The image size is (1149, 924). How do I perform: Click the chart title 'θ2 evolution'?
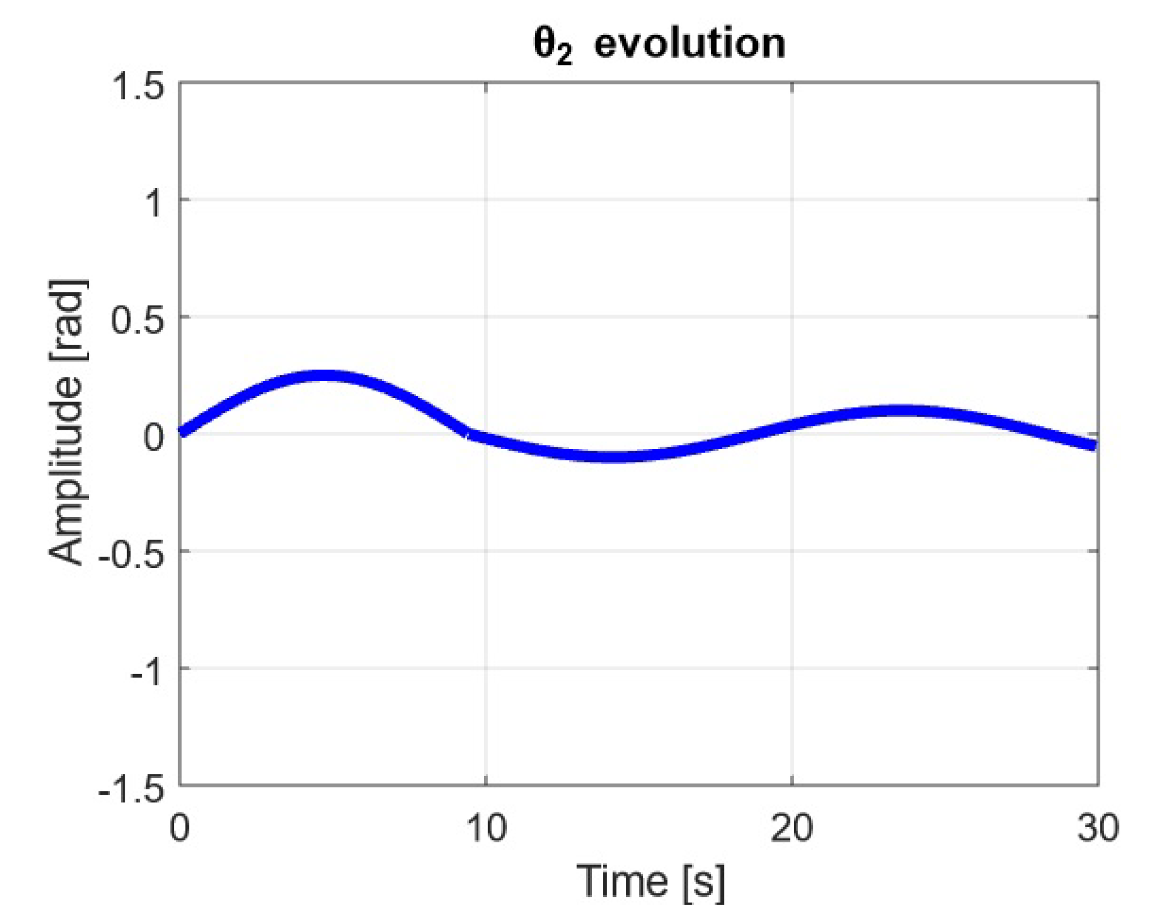pyautogui.click(x=659, y=44)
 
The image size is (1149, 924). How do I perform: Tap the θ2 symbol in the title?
pyautogui.click(x=553, y=46)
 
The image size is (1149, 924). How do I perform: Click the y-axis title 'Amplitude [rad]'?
pyautogui.click(x=67, y=422)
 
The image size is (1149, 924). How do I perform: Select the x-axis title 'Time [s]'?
pyautogui.click(x=650, y=881)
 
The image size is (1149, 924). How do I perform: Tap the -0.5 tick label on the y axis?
pyautogui.click(x=131, y=554)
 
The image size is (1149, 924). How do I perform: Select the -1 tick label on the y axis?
pyautogui.click(x=146, y=672)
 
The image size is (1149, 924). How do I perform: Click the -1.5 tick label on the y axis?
pyautogui.click(x=131, y=789)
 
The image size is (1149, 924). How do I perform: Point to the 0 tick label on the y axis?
pyautogui.click(x=153, y=437)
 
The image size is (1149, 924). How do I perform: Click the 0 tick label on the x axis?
pyautogui.click(x=179, y=828)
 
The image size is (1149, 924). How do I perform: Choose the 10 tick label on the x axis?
pyautogui.click(x=486, y=828)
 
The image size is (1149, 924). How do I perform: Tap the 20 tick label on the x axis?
pyautogui.click(x=791, y=828)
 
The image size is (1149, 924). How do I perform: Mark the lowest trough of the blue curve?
pyautogui.click(x=615, y=456)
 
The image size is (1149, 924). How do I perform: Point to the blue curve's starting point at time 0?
pyautogui.click(x=181, y=432)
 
